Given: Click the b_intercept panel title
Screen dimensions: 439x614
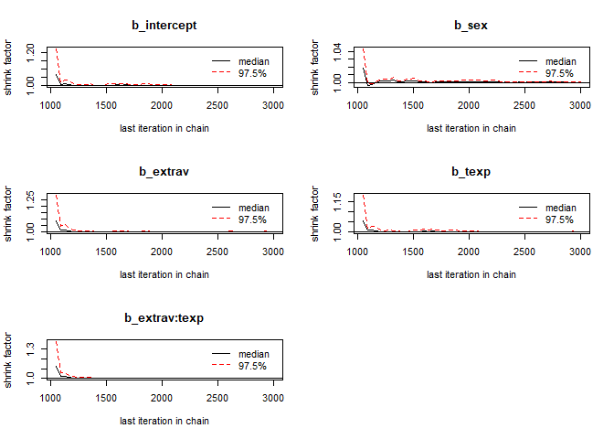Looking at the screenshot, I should coord(164,25).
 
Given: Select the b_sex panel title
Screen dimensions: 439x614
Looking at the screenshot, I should coord(471,25).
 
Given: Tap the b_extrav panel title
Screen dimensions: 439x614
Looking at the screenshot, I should coord(164,171).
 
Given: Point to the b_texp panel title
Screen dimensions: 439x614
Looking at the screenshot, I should coord(471,171).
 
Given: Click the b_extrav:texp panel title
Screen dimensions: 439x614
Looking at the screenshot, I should coord(164,317).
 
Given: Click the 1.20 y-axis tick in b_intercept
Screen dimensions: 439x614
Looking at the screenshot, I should coord(30,54).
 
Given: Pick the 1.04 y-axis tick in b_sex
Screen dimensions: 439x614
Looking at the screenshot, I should coord(337,50).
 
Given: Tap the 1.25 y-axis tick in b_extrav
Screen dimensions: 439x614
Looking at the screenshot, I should coord(30,198).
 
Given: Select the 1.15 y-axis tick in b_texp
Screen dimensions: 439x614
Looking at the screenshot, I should coord(337,198).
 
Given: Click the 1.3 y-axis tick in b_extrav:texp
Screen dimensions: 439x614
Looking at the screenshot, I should coord(30,348).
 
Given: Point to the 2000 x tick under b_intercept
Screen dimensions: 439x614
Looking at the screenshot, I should coord(162,105).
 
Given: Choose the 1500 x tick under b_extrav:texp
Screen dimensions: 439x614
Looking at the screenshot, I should coord(106,398).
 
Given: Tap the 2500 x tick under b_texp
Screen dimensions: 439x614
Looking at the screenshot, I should coord(524,252).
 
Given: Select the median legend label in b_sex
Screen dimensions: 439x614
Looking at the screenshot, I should coord(560,60).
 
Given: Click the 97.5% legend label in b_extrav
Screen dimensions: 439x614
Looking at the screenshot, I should coord(253,219).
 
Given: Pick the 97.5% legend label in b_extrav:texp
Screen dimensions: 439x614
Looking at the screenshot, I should coord(253,366).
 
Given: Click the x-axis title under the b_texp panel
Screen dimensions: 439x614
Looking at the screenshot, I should coord(471,274).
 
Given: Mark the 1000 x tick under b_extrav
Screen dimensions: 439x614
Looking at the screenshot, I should coord(50,252).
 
